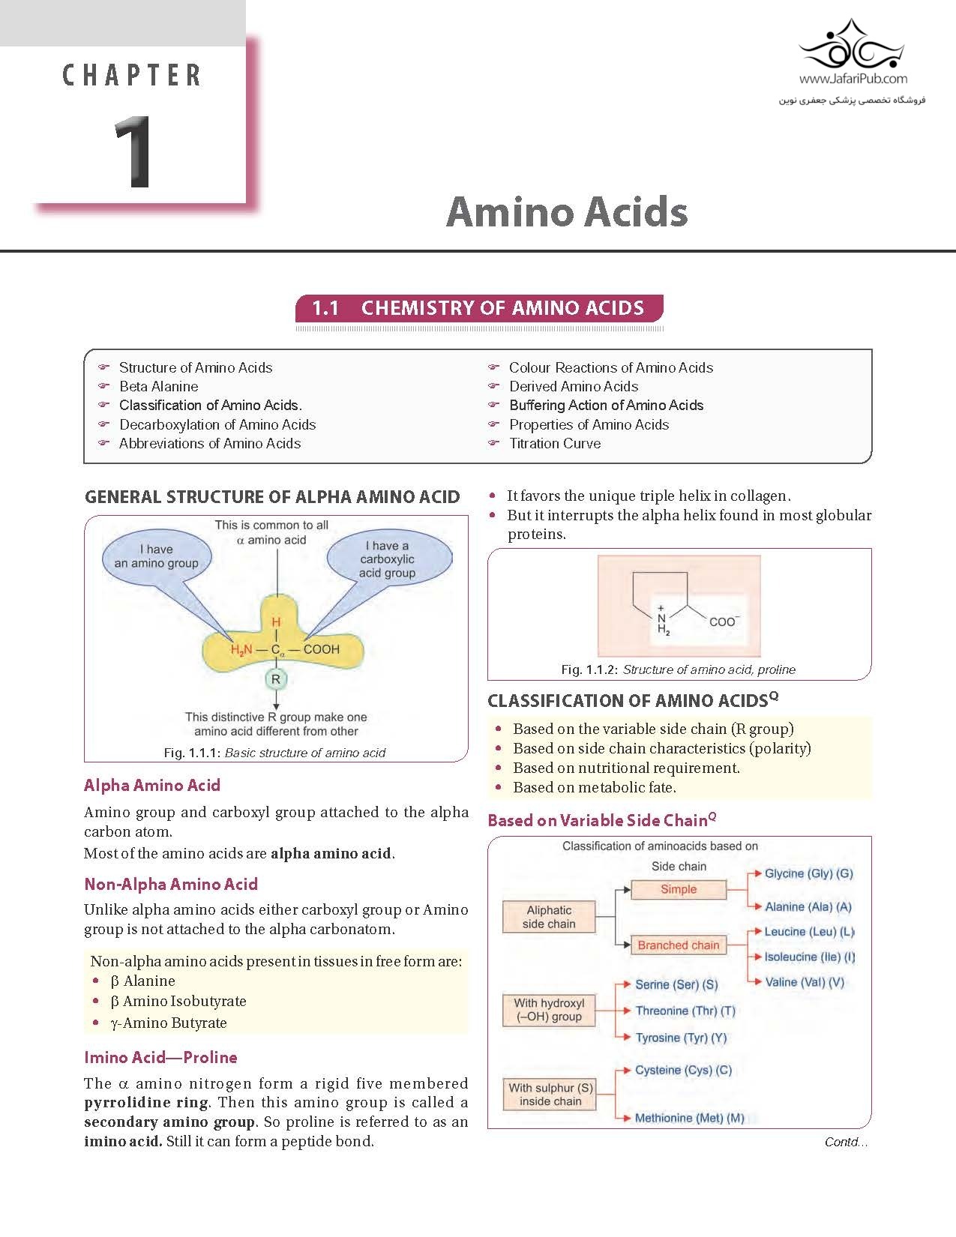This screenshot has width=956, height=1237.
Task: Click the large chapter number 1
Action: pyautogui.click(x=134, y=152)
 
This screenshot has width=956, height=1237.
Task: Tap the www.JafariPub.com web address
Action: pyautogui.click(x=853, y=79)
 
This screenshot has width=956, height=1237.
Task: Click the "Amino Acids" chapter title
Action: pyautogui.click(x=567, y=211)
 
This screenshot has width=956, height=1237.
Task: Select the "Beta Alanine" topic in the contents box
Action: pyautogui.click(x=158, y=387)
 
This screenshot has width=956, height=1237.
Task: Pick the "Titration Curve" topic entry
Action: pyautogui.click(x=554, y=444)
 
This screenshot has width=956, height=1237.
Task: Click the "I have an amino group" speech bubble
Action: pyautogui.click(x=157, y=556)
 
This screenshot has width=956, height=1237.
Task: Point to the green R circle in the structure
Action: pyautogui.click(x=276, y=679)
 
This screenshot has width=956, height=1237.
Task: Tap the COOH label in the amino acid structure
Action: pyautogui.click(x=321, y=649)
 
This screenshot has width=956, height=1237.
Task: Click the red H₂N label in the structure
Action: pyautogui.click(x=241, y=650)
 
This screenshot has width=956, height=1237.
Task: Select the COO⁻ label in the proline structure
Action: pyautogui.click(x=724, y=621)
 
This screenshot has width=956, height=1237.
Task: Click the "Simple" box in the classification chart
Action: pyautogui.click(x=679, y=890)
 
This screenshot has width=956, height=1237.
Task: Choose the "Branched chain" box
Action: pyautogui.click(x=679, y=945)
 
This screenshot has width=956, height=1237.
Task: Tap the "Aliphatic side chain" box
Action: pyautogui.click(x=549, y=917)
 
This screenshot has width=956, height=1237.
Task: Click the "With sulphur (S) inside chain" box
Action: pyautogui.click(x=550, y=1095)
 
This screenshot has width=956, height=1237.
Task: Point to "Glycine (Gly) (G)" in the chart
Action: pyautogui.click(x=808, y=873)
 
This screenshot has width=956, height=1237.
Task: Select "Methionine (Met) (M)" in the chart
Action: pyautogui.click(x=689, y=1119)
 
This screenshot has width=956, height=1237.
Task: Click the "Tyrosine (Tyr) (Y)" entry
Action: pyautogui.click(x=681, y=1038)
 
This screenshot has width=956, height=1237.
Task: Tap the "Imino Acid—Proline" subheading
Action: pyautogui.click(x=160, y=1058)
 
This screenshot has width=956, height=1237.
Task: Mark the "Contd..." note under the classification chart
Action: pyautogui.click(x=845, y=1143)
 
